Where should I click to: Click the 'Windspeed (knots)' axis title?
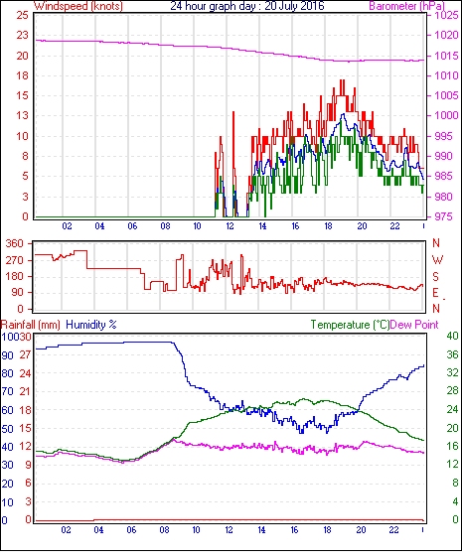click(x=78, y=6)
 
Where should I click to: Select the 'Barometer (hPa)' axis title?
click(x=406, y=6)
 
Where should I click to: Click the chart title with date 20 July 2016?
click(x=247, y=6)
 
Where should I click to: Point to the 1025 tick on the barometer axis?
click(x=446, y=15)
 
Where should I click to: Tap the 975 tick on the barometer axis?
click(x=443, y=216)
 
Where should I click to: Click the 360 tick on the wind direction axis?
click(x=15, y=244)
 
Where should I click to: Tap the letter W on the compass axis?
click(x=437, y=260)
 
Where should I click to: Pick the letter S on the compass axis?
click(x=435, y=276)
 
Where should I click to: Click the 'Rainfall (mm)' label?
click(x=30, y=325)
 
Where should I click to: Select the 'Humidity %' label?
click(x=91, y=325)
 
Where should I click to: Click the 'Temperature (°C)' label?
click(x=350, y=325)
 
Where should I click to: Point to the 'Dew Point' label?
click(x=414, y=325)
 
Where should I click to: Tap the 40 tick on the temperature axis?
click(x=452, y=336)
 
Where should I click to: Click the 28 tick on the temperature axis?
click(x=452, y=391)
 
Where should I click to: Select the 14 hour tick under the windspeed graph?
click(x=262, y=226)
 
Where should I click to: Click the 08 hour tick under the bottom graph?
click(x=164, y=530)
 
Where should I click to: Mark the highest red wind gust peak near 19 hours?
click(x=342, y=80)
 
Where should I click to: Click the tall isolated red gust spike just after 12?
click(x=233, y=112)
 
